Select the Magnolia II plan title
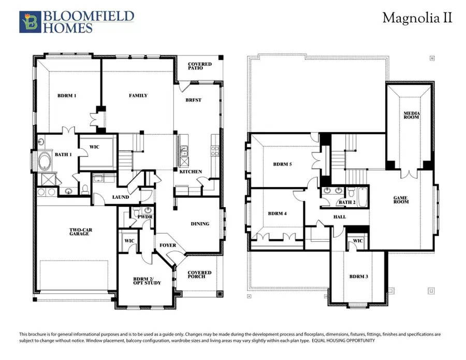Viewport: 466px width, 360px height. point(417,18)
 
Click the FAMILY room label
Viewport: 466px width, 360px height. point(138,95)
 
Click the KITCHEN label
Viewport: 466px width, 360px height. point(191,171)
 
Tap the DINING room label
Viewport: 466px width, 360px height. point(200,224)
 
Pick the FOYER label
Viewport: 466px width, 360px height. point(168,246)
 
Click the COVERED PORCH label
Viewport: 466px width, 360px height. point(199,275)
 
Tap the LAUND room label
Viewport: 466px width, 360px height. point(121,197)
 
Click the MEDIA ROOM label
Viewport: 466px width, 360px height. point(412,115)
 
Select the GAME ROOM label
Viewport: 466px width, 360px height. point(401,199)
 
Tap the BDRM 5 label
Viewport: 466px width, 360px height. point(283,164)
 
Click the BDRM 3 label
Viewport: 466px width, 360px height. point(358,277)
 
